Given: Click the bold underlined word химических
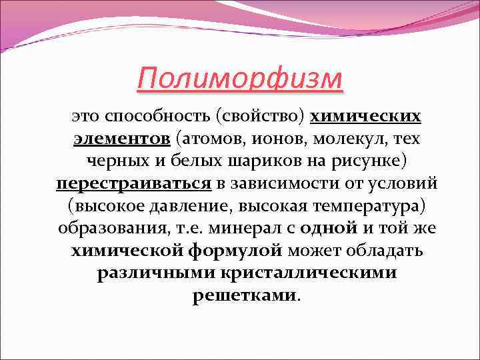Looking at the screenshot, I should pyautogui.click(x=366, y=117).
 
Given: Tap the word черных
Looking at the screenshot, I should pyautogui.click(x=119, y=161).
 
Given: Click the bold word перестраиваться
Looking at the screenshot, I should pyautogui.click(x=133, y=183).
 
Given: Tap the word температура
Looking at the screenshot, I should pyautogui.click(x=354, y=206).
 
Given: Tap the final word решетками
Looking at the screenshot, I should pyautogui.click(x=244, y=295).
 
